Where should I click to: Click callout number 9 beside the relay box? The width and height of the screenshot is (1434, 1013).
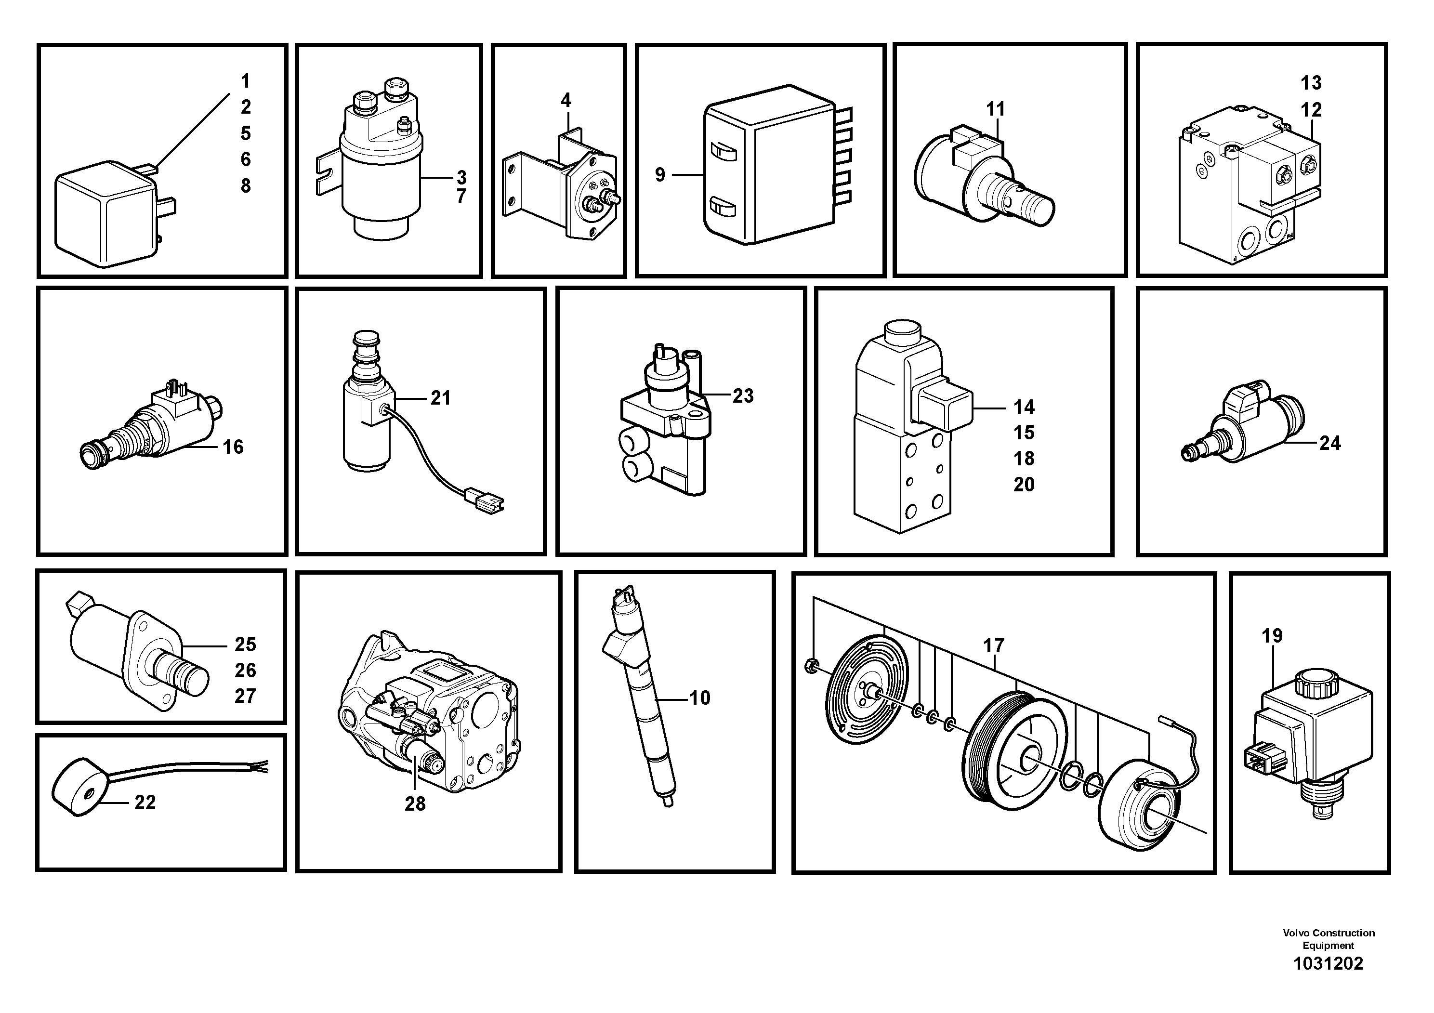659,175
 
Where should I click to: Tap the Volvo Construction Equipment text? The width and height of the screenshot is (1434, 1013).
1329,939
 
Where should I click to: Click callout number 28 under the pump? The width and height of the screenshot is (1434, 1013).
415,804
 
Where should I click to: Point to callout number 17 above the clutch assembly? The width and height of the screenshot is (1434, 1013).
993,645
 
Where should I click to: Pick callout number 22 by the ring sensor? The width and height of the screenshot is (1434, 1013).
145,803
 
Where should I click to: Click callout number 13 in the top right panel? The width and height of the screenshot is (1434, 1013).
1311,82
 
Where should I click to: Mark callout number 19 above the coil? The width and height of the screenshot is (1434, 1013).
1272,636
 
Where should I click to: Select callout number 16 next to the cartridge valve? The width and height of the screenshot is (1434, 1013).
233,447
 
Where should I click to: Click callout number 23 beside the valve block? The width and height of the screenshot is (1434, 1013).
743,395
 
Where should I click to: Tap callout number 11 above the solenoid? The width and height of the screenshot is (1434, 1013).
995,109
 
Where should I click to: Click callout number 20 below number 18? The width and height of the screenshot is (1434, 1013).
1024,484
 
